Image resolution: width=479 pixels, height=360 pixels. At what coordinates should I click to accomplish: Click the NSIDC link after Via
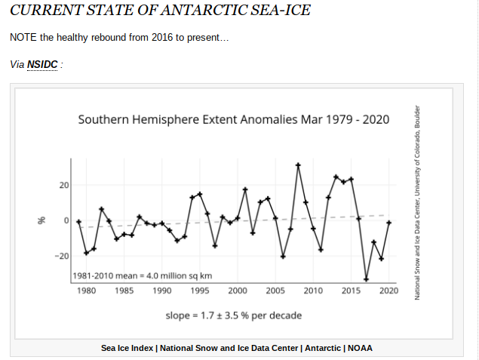pyautogui.click(x=42, y=64)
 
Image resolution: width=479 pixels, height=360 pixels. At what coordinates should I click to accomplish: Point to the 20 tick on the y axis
pyautogui.click(x=63, y=186)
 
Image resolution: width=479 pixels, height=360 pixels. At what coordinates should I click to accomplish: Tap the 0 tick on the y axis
pyautogui.click(x=66, y=220)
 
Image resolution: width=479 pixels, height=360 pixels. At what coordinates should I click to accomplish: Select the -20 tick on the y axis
pyautogui.click(x=62, y=256)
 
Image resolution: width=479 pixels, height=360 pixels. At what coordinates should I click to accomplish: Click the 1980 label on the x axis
pyautogui.click(x=86, y=291)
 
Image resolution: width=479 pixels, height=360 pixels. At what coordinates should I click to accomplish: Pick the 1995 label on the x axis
pyautogui.click(x=200, y=291)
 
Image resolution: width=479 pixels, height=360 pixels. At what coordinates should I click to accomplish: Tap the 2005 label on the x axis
pyautogui.click(x=275, y=291)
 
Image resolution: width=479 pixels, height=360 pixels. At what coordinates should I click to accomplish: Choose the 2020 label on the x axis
pyautogui.click(x=388, y=291)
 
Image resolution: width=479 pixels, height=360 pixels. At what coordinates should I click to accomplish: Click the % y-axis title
pyautogui.click(x=43, y=220)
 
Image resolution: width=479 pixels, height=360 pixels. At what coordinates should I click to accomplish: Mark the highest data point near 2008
pyautogui.click(x=298, y=165)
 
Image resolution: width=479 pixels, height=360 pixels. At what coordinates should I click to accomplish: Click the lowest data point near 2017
pyautogui.click(x=367, y=279)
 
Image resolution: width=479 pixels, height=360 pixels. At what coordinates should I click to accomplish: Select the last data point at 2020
pyautogui.click(x=388, y=223)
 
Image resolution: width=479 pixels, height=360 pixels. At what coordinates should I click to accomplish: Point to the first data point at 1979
pyautogui.click(x=78, y=221)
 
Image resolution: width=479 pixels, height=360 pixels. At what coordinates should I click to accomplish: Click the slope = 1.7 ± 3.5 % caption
pyautogui.click(x=234, y=315)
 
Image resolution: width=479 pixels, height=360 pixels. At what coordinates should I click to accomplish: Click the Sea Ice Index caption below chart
pyautogui.click(x=237, y=348)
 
